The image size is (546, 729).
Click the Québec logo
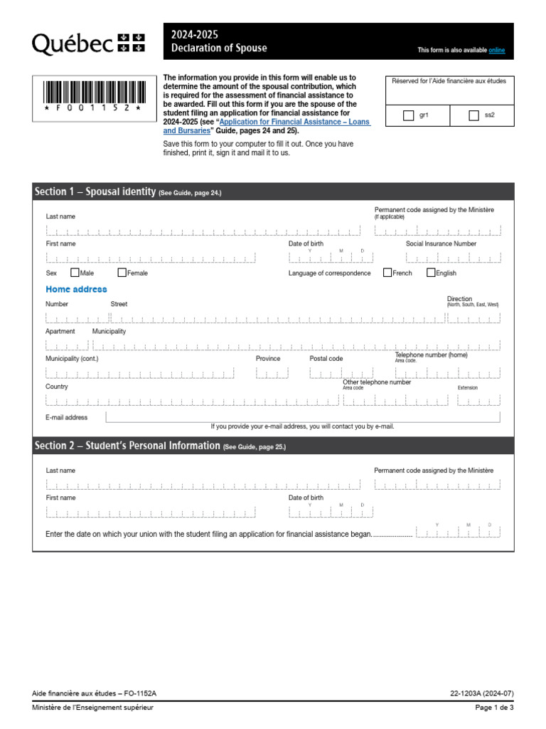click(87, 43)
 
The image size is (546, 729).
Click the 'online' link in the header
click(496, 51)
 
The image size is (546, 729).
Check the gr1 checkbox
click(408, 115)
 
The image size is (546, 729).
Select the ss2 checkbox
click(474, 115)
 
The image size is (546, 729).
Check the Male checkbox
click(75, 273)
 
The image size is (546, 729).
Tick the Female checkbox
click(122, 273)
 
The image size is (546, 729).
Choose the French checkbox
click(387, 273)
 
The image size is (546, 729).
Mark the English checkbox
click(431, 273)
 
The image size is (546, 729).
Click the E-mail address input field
click(302, 417)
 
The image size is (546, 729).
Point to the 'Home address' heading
click(76, 290)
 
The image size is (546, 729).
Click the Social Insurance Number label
click(441, 243)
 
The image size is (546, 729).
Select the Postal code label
click(326, 359)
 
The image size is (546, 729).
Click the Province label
click(268, 359)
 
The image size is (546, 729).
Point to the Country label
click(57, 387)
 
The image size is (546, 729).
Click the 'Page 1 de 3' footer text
click(494, 708)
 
